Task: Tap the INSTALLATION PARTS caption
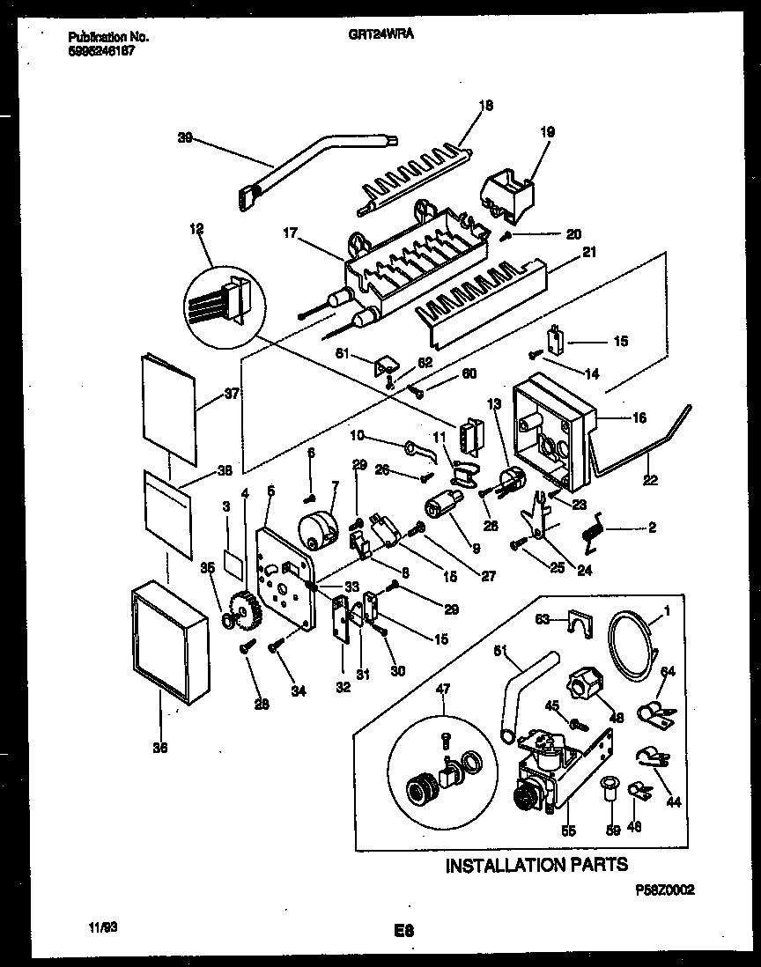(536, 865)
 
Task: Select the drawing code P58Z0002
(665, 890)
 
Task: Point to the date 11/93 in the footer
(103, 927)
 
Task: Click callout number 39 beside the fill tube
(185, 138)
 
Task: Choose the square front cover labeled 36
(173, 649)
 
